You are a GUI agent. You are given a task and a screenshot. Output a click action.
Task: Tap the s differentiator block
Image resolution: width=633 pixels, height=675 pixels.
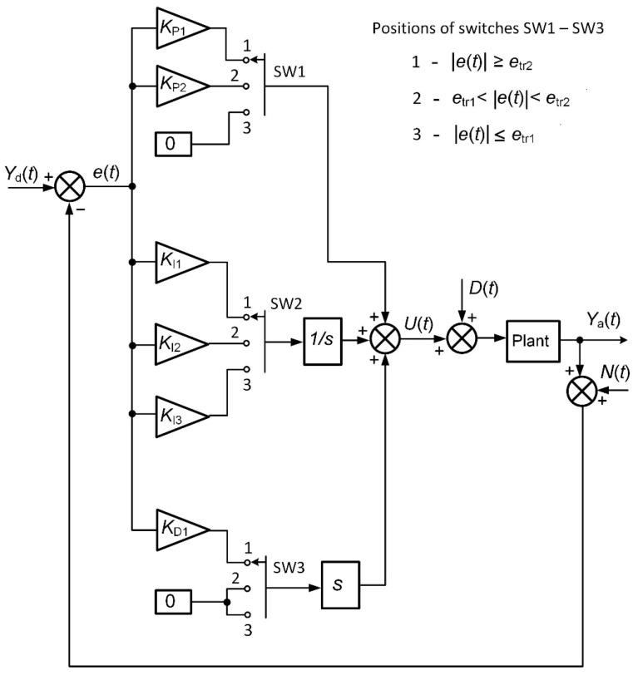tap(338, 588)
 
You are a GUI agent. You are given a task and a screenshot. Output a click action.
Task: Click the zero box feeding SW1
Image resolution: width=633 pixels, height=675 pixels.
tap(172, 144)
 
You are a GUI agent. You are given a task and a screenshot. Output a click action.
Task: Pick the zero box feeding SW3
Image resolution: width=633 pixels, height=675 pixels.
tap(172, 600)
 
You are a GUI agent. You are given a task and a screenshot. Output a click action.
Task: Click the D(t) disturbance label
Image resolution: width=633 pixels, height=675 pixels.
tap(482, 288)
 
